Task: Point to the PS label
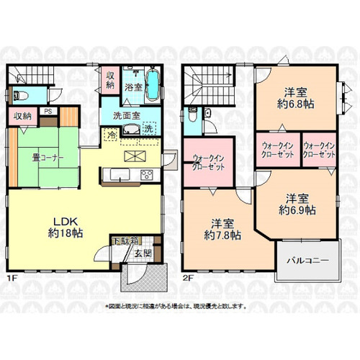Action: pos(48,112)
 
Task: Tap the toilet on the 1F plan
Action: pos(20,95)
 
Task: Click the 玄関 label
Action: pos(141,253)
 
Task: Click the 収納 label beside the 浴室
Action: pos(112,80)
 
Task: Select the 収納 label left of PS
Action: pos(22,115)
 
